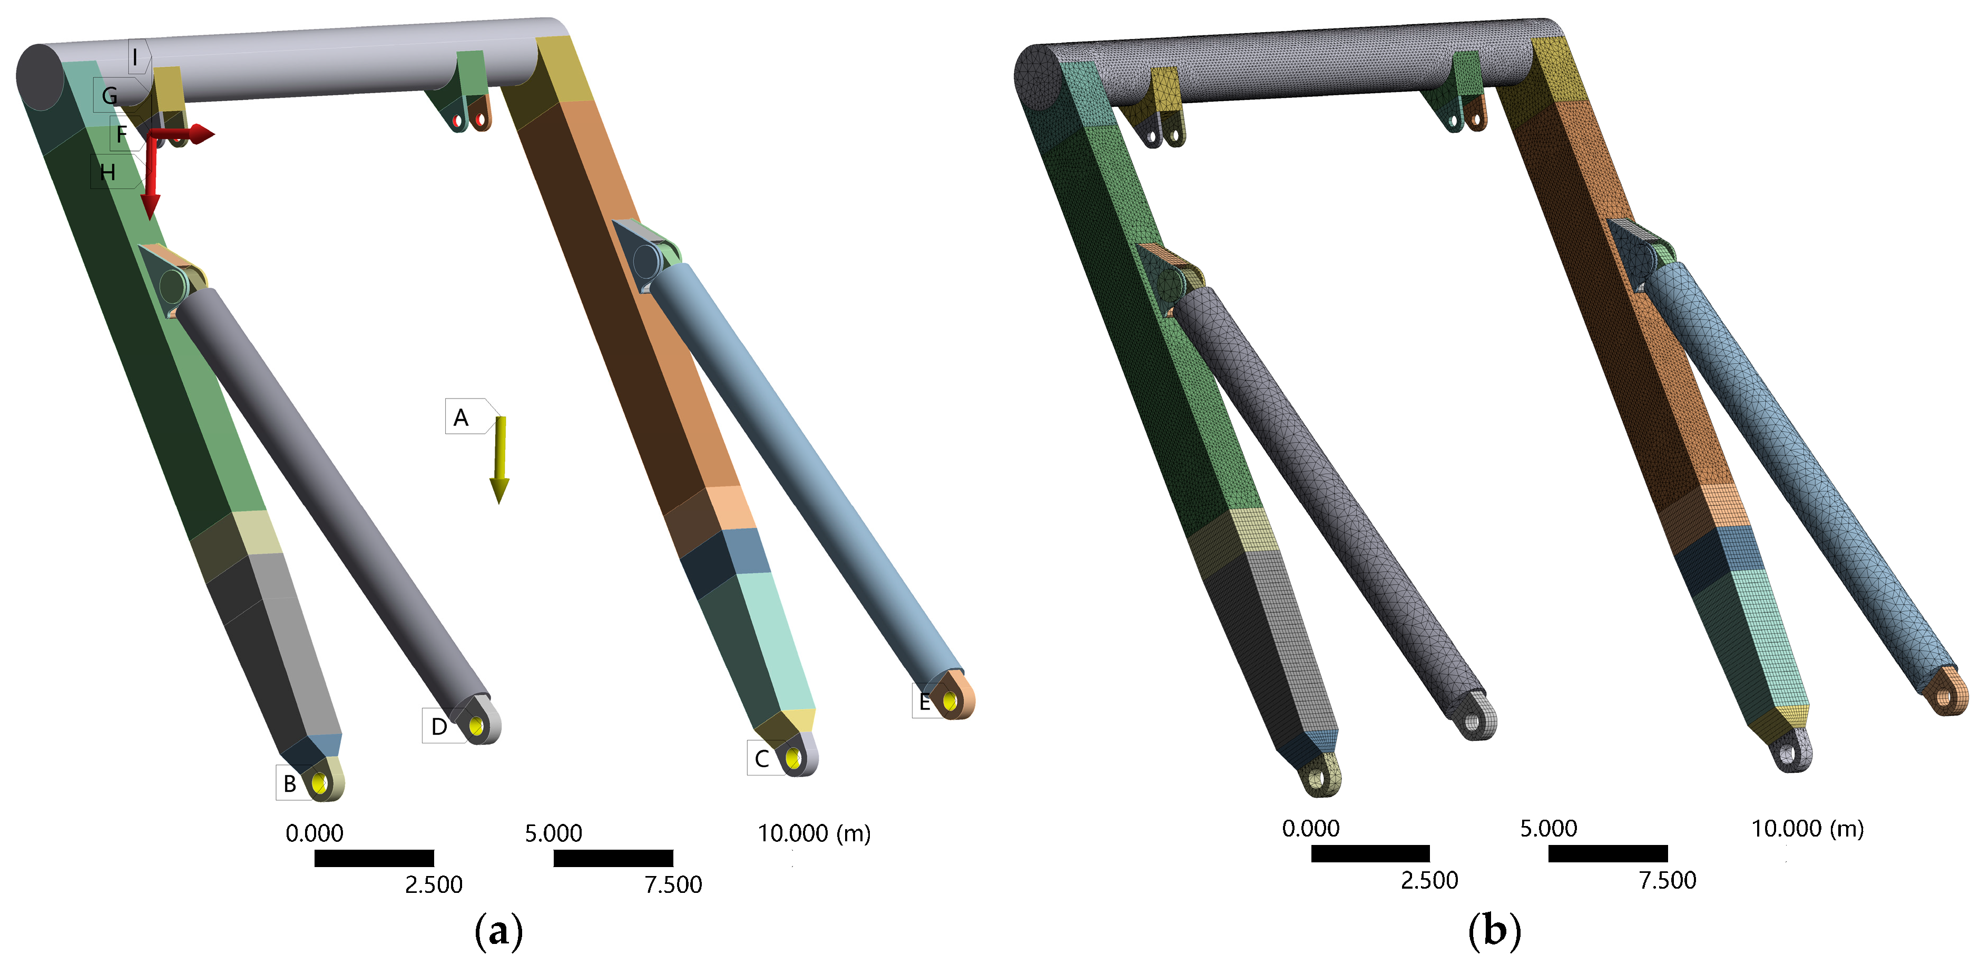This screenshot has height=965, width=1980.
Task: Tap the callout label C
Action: [762, 758]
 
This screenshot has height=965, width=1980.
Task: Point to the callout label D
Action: [439, 726]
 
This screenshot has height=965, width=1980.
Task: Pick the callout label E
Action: [924, 701]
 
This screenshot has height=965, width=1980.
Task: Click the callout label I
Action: [136, 57]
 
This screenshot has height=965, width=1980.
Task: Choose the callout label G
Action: [111, 95]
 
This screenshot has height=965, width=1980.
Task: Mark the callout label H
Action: [107, 172]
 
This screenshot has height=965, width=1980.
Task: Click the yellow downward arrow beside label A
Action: [499, 460]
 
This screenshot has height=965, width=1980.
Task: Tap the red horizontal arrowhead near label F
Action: [202, 134]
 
